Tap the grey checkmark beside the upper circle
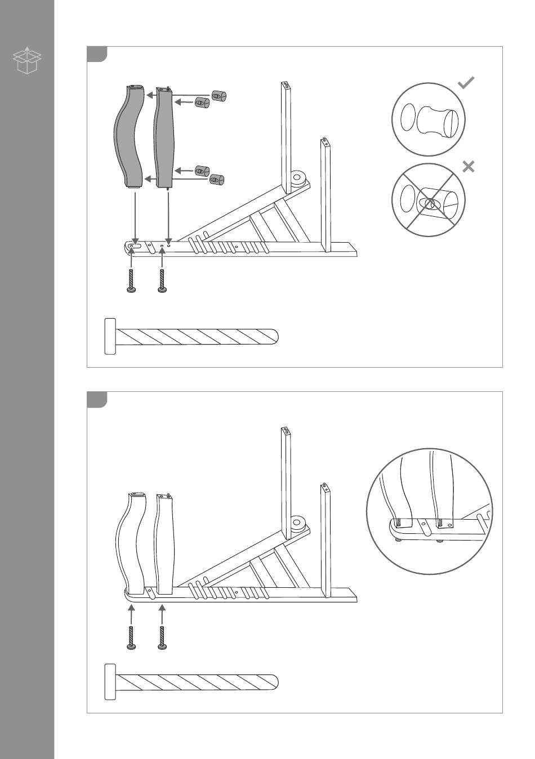(x=466, y=83)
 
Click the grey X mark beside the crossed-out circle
(x=468, y=167)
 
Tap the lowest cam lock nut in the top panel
(x=217, y=180)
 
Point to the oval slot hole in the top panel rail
(x=135, y=246)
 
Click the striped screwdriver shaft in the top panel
(x=197, y=337)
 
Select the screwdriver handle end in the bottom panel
(x=110, y=682)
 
